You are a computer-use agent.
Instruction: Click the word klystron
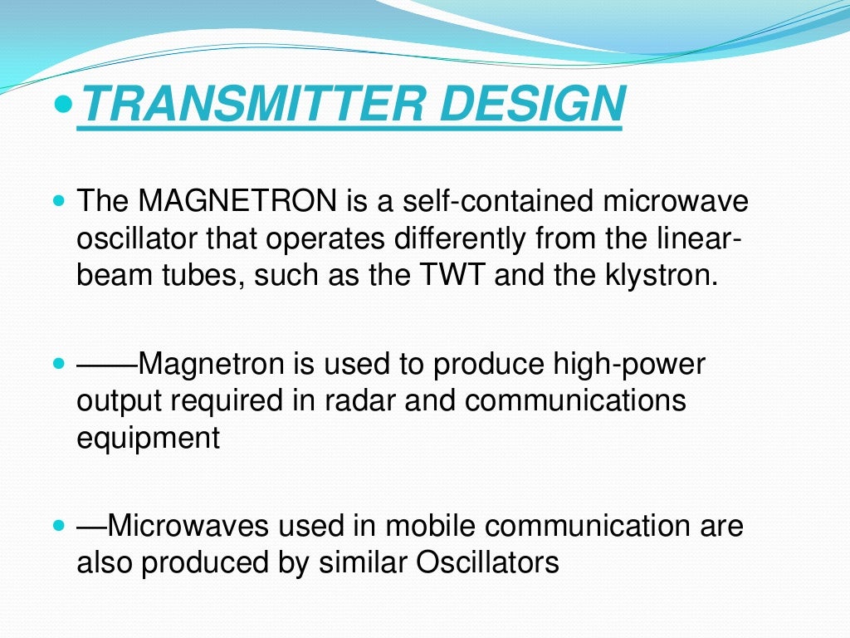click(663, 274)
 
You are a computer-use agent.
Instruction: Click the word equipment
click(149, 437)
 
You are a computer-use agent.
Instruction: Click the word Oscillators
click(488, 562)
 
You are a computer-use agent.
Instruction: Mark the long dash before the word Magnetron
click(107, 363)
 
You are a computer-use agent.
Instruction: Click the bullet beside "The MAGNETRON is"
click(58, 201)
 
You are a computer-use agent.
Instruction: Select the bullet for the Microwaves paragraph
click(58, 526)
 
